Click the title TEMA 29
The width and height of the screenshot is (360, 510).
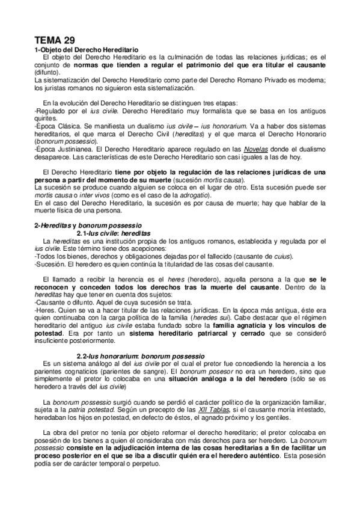56,37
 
